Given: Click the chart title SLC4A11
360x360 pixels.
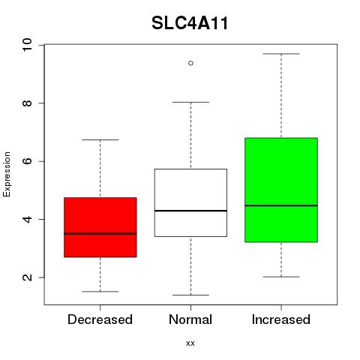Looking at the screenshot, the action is coord(190,23).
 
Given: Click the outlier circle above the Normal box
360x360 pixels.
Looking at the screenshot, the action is coord(190,63).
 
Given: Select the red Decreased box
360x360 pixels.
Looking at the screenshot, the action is coord(100,227).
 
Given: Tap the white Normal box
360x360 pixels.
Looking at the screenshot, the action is coord(190,202).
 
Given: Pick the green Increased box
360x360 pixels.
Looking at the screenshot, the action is coord(281,190).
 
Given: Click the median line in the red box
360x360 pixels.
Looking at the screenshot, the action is coord(100,234).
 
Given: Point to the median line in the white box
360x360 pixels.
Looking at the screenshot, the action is coord(190,211).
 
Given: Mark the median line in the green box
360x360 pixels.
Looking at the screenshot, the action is coord(281,205).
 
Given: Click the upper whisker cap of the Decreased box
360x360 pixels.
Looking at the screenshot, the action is coord(100,139).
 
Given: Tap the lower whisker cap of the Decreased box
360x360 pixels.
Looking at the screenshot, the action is coord(100,292).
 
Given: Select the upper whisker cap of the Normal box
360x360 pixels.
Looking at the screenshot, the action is coord(190,102).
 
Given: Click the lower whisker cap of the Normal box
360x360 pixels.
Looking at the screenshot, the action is coord(190,295).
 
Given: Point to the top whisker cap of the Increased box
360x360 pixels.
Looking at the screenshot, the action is coord(281,54).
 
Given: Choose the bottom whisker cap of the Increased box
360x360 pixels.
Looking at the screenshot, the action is coord(281,277).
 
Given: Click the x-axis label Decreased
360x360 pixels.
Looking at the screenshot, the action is coord(100,319).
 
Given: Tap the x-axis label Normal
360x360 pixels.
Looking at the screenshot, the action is coord(190,319).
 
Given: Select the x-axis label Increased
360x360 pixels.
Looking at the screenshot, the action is coord(281,319).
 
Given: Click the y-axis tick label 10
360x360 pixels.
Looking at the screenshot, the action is coord(27,45).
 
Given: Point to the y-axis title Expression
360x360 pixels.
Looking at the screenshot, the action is coord(7,174).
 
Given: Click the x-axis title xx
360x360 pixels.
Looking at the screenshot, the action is coord(190,343).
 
